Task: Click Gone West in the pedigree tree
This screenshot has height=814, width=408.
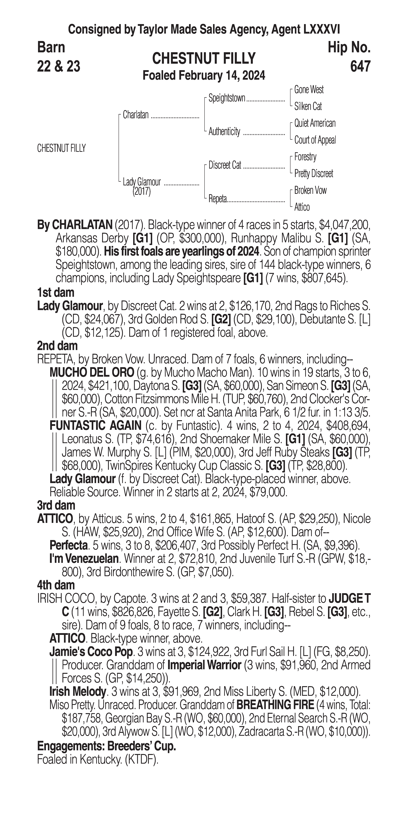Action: click(x=309, y=90)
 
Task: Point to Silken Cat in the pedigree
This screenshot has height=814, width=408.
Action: click(x=308, y=107)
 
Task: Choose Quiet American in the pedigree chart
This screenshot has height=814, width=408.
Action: click(x=315, y=123)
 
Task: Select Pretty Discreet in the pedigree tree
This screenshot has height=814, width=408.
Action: click(x=313, y=173)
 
